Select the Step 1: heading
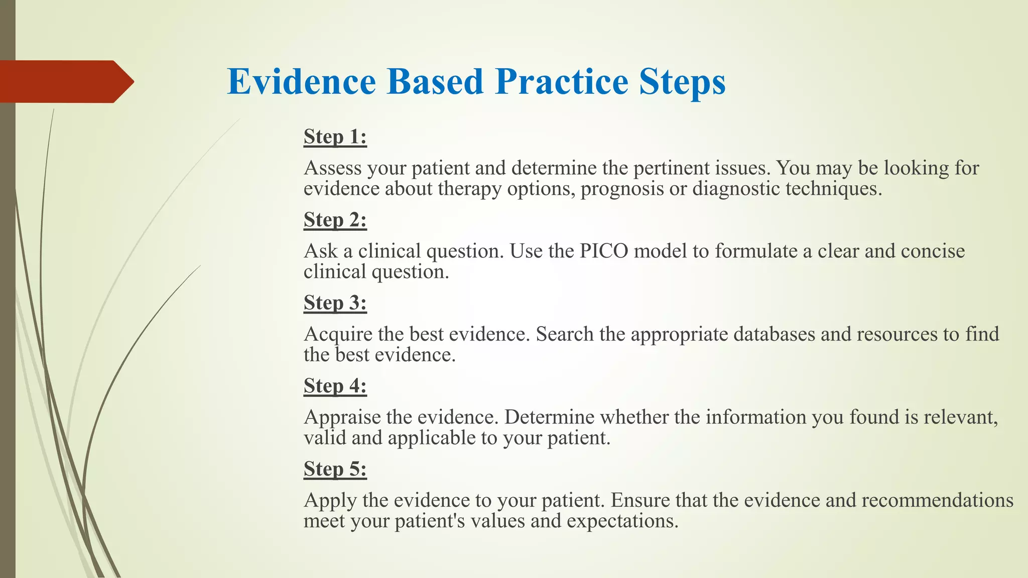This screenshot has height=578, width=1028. click(x=335, y=136)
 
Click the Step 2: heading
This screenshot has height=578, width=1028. click(x=335, y=220)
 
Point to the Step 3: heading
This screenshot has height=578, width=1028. click(x=335, y=303)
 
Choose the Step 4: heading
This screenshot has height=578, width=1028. click(x=335, y=386)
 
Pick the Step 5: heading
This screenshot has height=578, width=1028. click(x=335, y=469)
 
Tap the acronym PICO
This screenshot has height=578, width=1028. click(x=604, y=251)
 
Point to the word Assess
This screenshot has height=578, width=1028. click(x=332, y=168)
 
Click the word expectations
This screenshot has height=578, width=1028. click(x=622, y=521)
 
